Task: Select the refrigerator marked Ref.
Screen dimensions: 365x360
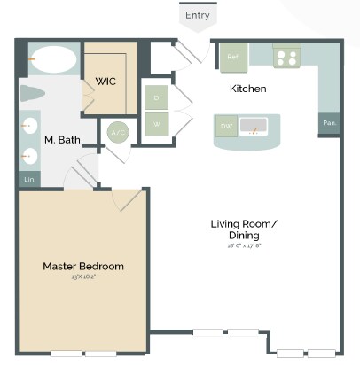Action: coord(232,58)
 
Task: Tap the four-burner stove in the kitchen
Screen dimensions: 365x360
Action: coord(286,58)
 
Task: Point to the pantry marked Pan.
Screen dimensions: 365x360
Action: coord(329,123)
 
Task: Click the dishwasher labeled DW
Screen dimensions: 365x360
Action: coord(226,128)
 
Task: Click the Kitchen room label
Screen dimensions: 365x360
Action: coord(247,89)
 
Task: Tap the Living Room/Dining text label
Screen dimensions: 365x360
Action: coord(243,229)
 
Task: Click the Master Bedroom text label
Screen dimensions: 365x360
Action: coord(83,267)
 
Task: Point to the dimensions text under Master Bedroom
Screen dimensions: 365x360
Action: coord(82,277)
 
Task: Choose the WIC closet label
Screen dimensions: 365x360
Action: coord(106,82)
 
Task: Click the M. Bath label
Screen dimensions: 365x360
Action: coord(61,140)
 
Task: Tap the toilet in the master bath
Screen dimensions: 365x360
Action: coord(35,94)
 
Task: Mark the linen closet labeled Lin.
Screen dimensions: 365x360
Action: coord(28,180)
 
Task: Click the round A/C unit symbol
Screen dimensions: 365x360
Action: coord(117,133)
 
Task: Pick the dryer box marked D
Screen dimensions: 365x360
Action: coord(156,97)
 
